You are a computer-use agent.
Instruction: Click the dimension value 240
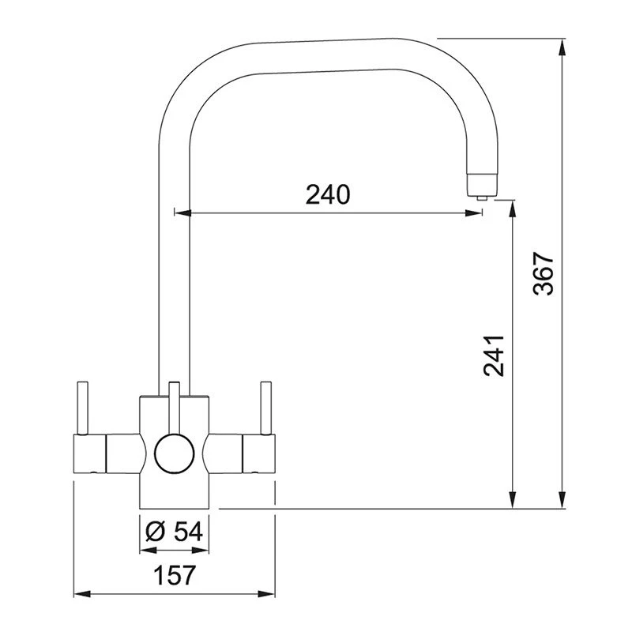[x=328, y=195]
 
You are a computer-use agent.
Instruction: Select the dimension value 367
[x=544, y=274]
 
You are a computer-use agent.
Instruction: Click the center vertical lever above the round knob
[x=172, y=407]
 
